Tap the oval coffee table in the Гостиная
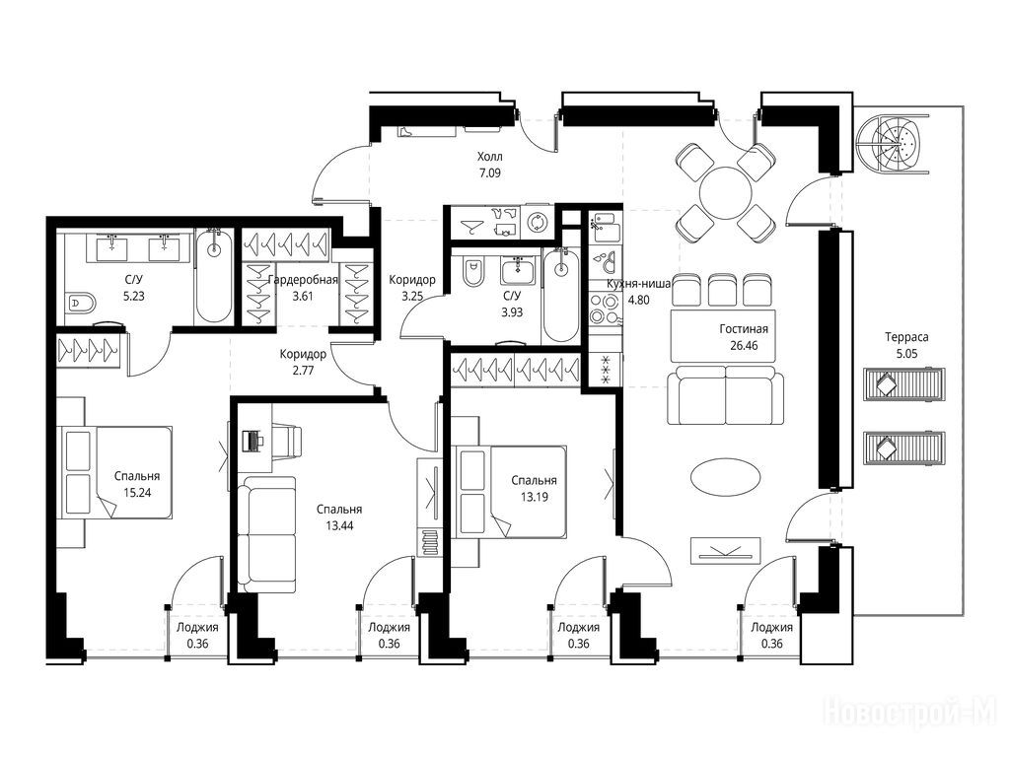coord(725,477)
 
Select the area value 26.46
coord(744,346)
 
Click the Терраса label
coord(906,337)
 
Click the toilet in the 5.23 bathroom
coord(80,302)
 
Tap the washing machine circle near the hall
coord(537,223)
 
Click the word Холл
coord(490,157)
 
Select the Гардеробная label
coord(303,280)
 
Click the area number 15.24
coord(137,493)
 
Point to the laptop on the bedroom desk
coord(252,441)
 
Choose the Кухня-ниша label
coord(639,283)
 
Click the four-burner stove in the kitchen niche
coord(606,309)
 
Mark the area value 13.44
coord(339,526)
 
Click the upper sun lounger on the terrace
coord(903,385)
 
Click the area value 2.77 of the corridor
coord(303,371)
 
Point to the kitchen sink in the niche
coord(606,227)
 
